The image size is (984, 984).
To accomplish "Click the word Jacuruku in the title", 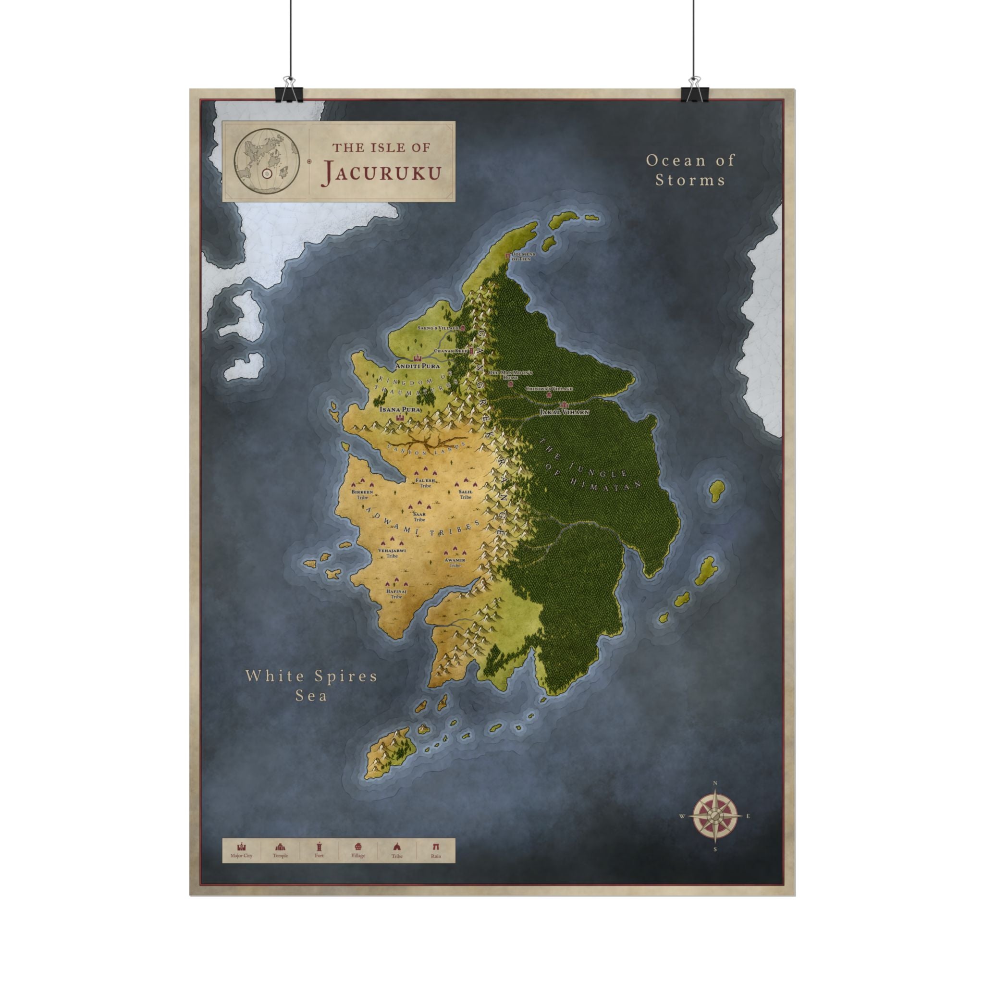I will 381,172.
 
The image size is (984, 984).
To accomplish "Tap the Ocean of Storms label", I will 690,170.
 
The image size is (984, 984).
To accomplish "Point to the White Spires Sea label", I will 312,686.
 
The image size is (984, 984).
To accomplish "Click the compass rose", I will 715,816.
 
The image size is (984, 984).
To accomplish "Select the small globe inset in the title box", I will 266,161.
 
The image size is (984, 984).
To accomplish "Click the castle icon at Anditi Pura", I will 418,358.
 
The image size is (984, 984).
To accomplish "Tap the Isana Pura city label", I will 400,409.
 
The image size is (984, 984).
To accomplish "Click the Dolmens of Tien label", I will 523,257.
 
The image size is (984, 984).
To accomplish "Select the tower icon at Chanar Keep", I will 472,351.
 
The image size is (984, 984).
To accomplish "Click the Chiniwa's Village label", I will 549,389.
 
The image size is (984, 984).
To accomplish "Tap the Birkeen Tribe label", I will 362,494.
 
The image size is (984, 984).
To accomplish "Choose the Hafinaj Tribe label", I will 396,593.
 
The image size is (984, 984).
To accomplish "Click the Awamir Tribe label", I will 455,562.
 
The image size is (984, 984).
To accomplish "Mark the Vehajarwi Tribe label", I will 392,553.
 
